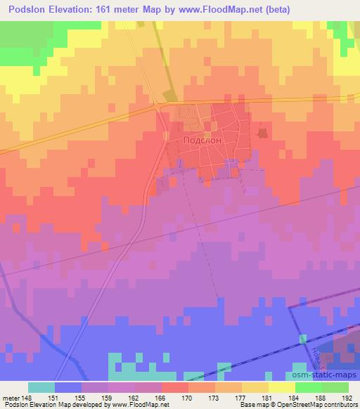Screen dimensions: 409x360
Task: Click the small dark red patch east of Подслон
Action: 264,132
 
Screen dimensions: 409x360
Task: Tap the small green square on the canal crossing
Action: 304,339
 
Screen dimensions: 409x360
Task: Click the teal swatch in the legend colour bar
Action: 41,387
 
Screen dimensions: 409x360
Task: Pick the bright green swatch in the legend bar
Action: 309,387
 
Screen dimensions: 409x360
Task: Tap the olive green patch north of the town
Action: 169,94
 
